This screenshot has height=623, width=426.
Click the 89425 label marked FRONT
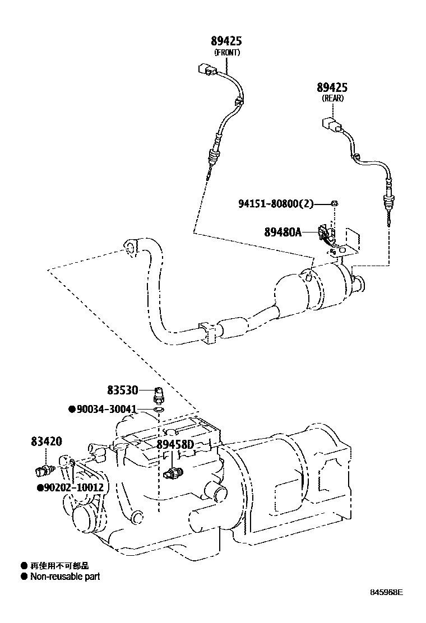coord(226,41)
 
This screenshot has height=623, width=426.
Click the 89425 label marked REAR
coord(332,87)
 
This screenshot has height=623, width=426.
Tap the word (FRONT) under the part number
coord(227,53)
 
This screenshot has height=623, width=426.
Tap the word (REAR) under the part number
coord(332,98)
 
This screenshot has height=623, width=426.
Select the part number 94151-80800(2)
coord(276,204)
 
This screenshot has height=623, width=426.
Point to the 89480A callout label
coord(283,231)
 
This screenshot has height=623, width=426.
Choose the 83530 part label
coord(122,390)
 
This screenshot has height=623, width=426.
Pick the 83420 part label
coord(47,441)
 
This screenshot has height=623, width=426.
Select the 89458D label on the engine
coord(175,444)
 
